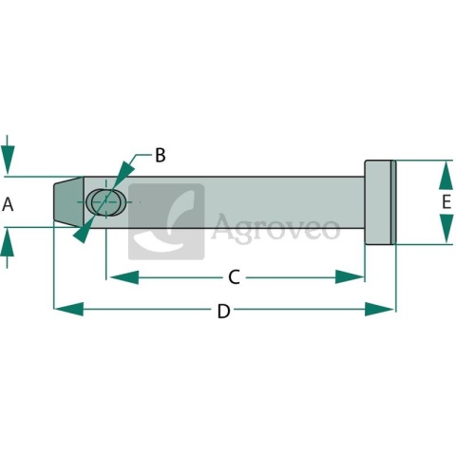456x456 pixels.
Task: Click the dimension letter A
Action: point(8,204)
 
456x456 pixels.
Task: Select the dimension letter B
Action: point(161,155)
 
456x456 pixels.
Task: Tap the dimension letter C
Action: point(235,277)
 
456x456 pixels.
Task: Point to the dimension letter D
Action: point(223,311)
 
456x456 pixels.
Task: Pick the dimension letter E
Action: point(446,202)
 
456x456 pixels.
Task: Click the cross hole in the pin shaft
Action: point(106,202)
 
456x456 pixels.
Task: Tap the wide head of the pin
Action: point(380,202)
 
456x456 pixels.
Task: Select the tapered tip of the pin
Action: point(68,201)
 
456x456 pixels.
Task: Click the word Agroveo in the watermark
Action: point(275,227)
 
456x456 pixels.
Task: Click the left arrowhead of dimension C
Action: point(124,277)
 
